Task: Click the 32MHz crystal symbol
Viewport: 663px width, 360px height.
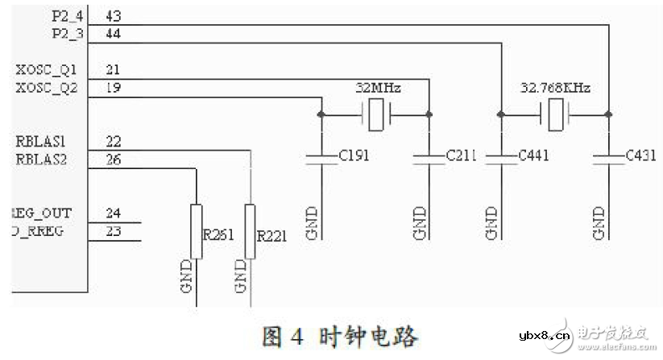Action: [x=375, y=115]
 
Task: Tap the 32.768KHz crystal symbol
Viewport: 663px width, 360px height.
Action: [x=555, y=115]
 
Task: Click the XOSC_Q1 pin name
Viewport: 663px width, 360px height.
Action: [x=46, y=70]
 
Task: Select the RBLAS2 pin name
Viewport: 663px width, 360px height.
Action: [x=42, y=159]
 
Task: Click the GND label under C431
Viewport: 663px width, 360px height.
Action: [x=599, y=223]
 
